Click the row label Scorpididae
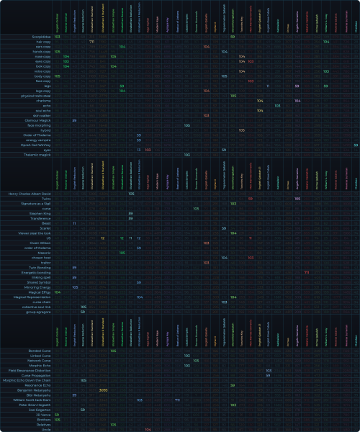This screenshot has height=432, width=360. click(40, 36)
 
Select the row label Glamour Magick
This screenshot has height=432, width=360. click(37, 120)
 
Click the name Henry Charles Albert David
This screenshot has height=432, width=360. click(30, 194)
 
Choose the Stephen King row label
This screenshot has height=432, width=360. click(40, 214)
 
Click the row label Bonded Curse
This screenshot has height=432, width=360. click(40, 351)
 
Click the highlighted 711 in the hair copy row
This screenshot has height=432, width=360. click(92, 42)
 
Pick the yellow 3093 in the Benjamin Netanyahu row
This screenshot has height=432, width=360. click(103, 390)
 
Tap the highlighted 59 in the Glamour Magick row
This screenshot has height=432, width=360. click(75, 120)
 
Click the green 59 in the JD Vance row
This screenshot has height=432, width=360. click(57, 415)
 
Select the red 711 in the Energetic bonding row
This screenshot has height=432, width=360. click(306, 273)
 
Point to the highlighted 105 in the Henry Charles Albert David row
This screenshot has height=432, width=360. click(131, 194)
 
